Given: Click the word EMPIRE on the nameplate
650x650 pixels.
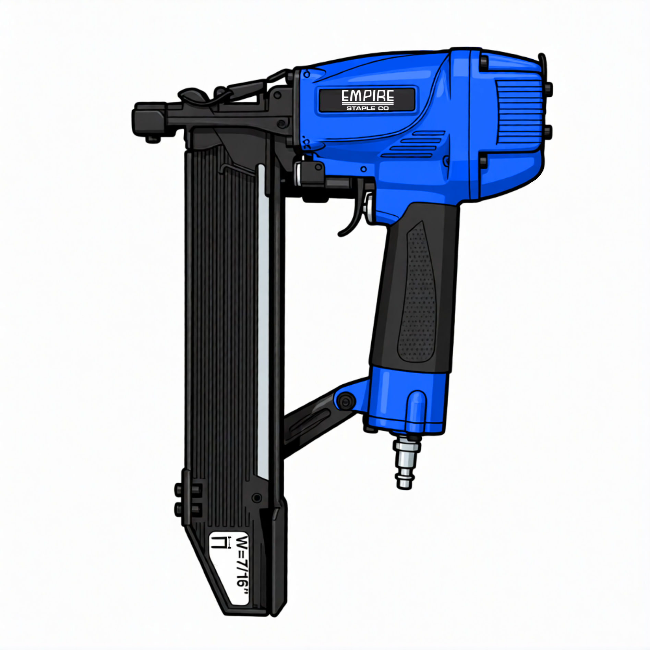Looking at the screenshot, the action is click(x=368, y=96).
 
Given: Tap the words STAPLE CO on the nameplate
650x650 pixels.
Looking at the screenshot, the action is click(x=368, y=108).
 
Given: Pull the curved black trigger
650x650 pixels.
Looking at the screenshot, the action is click(x=353, y=213).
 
